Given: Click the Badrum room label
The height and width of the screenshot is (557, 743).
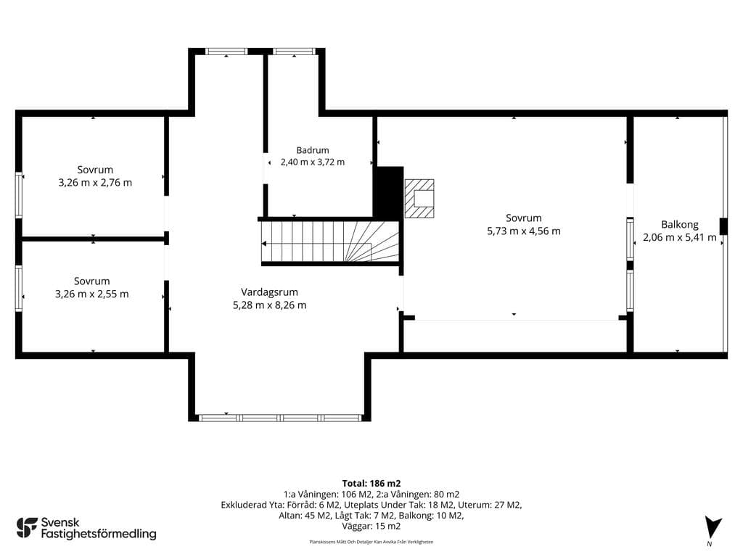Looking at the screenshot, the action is click(313, 150).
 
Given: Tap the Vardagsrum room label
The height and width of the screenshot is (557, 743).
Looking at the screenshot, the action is click(269, 292).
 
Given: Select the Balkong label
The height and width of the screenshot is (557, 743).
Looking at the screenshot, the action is click(679, 225).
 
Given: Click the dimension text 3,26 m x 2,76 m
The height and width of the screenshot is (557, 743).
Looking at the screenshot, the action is click(95, 182).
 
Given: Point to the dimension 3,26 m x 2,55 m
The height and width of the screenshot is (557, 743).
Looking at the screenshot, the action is click(92, 294).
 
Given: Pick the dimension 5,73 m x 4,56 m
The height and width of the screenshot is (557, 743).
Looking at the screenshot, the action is click(524, 231).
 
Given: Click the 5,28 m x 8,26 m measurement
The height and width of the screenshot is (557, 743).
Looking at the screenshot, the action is click(269, 305).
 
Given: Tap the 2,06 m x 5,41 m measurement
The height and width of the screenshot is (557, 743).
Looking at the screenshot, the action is click(679, 237).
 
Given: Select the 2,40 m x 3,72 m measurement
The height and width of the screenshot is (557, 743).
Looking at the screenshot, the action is click(313, 162).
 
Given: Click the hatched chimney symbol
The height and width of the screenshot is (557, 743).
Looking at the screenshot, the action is click(419, 198).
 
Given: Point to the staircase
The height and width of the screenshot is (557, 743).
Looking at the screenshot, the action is click(330, 242).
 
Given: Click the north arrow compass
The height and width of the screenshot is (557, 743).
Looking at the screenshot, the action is click(712, 529).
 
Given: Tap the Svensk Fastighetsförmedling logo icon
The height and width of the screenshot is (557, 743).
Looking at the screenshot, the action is click(27, 528).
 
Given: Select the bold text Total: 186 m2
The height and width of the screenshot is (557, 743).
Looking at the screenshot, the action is click(371, 483).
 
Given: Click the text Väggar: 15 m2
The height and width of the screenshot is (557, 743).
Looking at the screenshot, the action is click(371, 526).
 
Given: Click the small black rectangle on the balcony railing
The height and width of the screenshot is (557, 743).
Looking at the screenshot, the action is click(723, 226).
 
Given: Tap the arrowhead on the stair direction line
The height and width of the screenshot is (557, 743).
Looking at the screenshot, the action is click(264, 244).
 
